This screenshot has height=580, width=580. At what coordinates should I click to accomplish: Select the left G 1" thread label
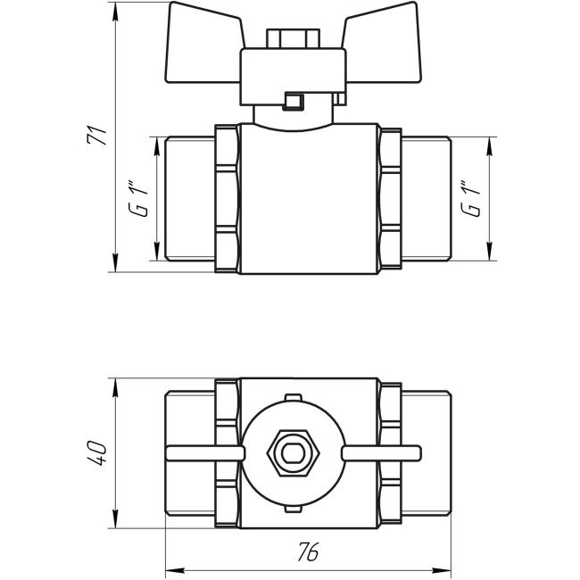137,198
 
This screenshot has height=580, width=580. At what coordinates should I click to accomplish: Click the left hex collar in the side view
228,198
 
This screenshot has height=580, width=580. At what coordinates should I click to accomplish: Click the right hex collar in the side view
389,198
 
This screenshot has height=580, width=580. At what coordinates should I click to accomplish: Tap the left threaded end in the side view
190,198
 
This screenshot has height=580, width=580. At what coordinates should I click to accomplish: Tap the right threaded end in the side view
427,198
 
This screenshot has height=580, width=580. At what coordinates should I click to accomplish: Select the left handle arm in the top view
205,452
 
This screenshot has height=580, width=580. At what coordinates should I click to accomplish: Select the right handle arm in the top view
379,452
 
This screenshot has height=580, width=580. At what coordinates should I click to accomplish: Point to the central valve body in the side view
308,198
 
